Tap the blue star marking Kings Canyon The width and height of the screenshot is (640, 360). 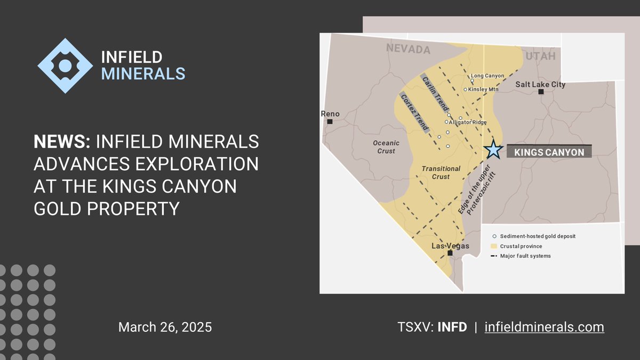[x=493, y=150]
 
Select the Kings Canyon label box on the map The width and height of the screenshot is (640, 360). [x=549, y=152]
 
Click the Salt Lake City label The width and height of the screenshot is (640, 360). [x=540, y=84]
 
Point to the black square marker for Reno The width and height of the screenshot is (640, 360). [x=330, y=122]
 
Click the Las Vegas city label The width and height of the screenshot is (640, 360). [x=450, y=246]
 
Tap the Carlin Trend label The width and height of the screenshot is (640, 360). [x=434, y=93]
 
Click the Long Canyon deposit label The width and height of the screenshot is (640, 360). [x=487, y=76]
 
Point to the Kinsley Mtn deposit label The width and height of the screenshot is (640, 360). [x=483, y=89]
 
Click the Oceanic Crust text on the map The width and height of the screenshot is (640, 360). [x=386, y=147]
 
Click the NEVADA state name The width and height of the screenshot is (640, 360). [x=408, y=50]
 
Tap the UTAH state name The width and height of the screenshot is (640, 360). [x=540, y=55]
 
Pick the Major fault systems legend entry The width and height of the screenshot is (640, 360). [x=525, y=256]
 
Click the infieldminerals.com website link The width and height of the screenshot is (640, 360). [x=544, y=327]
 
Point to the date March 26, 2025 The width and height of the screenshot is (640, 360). [x=165, y=327]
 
